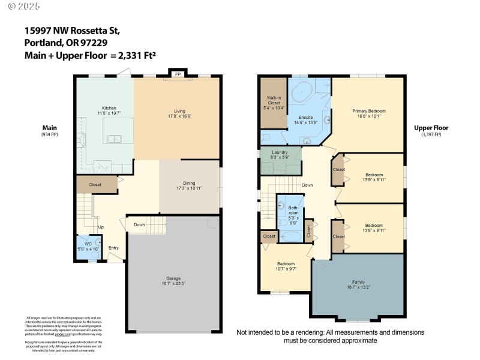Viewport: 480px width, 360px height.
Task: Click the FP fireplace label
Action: tap(178, 74)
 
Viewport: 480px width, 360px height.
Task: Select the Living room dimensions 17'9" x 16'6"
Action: tap(179, 116)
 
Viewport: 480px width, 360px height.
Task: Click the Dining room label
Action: tap(189, 184)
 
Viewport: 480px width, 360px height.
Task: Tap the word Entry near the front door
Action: tap(113, 247)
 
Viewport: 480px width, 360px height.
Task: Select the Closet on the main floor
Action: tap(95, 185)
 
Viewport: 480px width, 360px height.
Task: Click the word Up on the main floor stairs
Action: tap(101, 227)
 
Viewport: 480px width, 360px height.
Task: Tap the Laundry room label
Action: tap(280, 152)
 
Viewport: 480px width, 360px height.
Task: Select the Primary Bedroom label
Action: tap(368, 111)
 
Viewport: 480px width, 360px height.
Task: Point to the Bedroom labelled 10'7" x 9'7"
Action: tap(286, 264)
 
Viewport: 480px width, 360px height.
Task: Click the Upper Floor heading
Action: tap(431, 128)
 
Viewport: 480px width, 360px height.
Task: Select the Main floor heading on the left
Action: tap(49, 128)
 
